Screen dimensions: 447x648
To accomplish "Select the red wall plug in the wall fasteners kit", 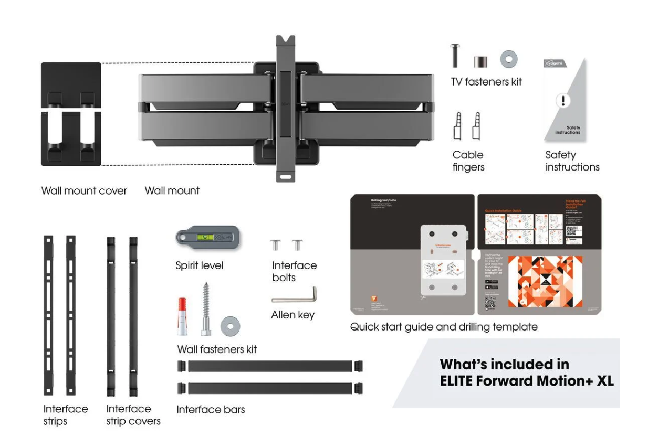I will coord(182,316).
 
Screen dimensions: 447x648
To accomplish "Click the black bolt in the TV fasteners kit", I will coord(455,56).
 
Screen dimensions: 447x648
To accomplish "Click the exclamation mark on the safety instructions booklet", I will coord(563,101).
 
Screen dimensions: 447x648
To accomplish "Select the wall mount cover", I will coord(71,114).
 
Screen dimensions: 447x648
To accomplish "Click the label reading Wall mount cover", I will coord(84,191).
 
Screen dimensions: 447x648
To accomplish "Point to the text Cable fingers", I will coord(468,161).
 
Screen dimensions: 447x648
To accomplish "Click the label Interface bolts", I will coord(294,271).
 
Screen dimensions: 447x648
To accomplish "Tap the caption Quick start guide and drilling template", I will coord(444,327).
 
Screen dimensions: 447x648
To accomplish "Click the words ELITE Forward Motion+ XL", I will coord(526,380).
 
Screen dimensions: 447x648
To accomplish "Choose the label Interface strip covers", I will coord(133,414).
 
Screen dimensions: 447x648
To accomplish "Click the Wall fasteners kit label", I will coord(217,349).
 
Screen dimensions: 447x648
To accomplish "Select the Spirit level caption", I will coord(199,265).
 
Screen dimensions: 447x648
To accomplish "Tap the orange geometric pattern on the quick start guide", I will coord(545,281).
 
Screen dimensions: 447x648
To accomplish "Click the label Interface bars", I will coord(211,410).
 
